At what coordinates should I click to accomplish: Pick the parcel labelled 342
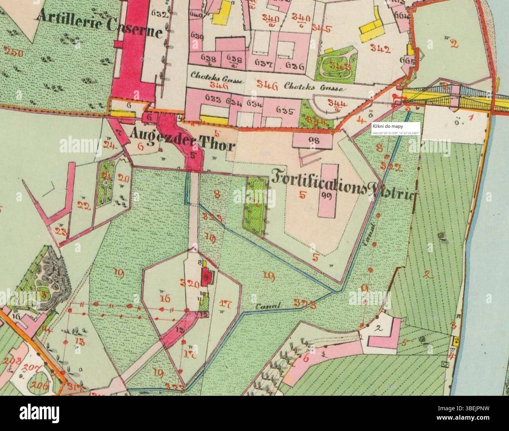[381, 49]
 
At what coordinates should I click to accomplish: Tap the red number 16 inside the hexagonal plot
[164, 299]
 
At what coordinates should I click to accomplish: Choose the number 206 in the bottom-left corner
[41, 386]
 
